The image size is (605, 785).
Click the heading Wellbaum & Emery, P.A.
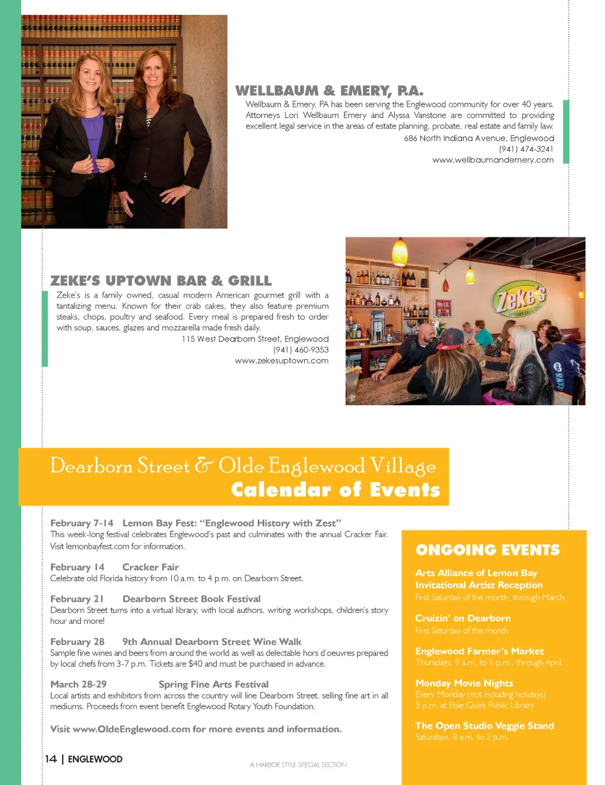[x=329, y=91]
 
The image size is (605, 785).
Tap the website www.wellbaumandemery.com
[x=493, y=160]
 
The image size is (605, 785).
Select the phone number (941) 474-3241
[x=526, y=149]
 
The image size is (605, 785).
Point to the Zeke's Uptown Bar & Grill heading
[x=161, y=281]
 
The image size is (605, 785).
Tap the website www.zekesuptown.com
[x=281, y=361]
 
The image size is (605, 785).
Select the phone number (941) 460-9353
[x=301, y=350]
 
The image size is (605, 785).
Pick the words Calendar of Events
[x=335, y=490]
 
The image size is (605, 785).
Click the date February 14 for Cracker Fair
[x=77, y=567]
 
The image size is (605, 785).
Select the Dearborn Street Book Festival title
[x=191, y=599]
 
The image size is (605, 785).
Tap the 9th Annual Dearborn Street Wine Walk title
[x=212, y=641]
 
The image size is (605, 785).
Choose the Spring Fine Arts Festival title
[x=213, y=684]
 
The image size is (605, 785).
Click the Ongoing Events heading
[x=487, y=550]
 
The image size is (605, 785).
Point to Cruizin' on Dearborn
[x=463, y=618]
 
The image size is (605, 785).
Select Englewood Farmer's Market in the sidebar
[x=479, y=651]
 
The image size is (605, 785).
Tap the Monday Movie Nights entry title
[x=464, y=683]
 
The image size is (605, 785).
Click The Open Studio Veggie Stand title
[x=484, y=726]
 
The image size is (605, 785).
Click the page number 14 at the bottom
[x=51, y=759]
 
